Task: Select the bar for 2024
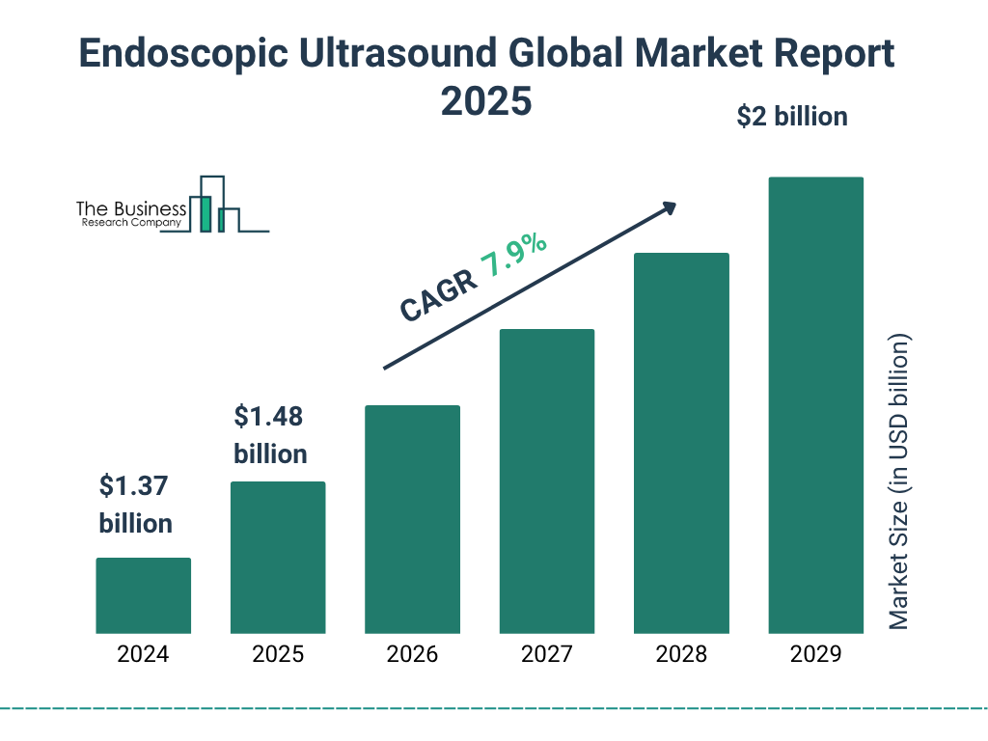pyautogui.click(x=143, y=595)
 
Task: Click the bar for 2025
pyautogui.click(x=278, y=558)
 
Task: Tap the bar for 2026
pyautogui.click(x=412, y=519)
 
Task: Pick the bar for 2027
pyautogui.click(x=546, y=481)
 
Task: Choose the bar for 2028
pyautogui.click(x=681, y=443)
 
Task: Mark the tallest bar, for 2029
pyautogui.click(x=815, y=405)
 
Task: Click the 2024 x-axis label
pyautogui.click(x=143, y=654)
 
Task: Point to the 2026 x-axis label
pyautogui.click(x=412, y=654)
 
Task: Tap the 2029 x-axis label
pyautogui.click(x=815, y=654)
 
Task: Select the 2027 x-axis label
pyautogui.click(x=546, y=654)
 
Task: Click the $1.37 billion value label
pyautogui.click(x=135, y=505)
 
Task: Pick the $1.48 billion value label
pyautogui.click(x=270, y=435)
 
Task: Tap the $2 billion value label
pyautogui.click(x=791, y=117)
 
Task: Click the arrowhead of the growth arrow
pyautogui.click(x=668, y=208)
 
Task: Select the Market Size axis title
pyautogui.click(x=899, y=482)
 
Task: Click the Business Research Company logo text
pyautogui.click(x=131, y=215)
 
